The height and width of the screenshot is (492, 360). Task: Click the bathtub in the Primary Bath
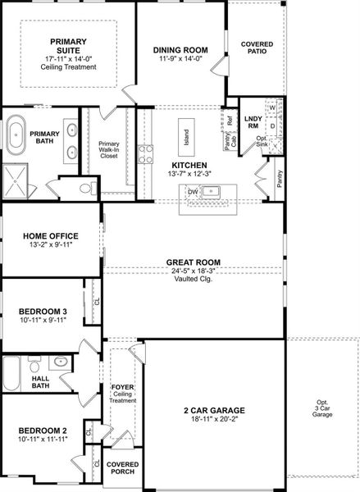pyautogui.click(x=16, y=135)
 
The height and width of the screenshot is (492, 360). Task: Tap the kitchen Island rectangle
pyautogui.click(x=186, y=137)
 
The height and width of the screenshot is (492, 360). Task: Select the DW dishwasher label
pyautogui.click(x=193, y=192)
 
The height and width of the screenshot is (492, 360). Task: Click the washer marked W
pyautogui.click(x=272, y=108)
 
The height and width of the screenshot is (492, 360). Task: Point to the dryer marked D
pyautogui.click(x=272, y=126)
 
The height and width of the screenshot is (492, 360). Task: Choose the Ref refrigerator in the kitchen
pyautogui.click(x=230, y=121)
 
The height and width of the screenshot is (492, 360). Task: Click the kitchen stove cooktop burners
pyautogui.click(x=145, y=154)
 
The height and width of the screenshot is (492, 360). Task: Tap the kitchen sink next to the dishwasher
pyautogui.click(x=210, y=191)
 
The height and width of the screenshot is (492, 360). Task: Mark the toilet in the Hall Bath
pyautogui.click(x=34, y=364)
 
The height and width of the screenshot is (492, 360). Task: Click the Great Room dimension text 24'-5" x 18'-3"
pyautogui.click(x=193, y=271)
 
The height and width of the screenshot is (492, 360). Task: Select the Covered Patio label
pyautogui.click(x=257, y=48)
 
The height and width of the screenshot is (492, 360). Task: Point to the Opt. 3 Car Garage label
pyautogui.click(x=322, y=408)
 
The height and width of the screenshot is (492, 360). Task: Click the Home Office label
pyautogui.click(x=51, y=236)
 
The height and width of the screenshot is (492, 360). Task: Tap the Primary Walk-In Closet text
pyautogui.click(x=109, y=150)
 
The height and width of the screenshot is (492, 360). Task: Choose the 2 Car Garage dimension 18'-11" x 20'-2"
pyautogui.click(x=214, y=418)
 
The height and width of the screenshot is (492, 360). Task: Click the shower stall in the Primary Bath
pyautogui.click(x=15, y=181)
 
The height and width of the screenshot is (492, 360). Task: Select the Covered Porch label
pyautogui.click(x=122, y=468)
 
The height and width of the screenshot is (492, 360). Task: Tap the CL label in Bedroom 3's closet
pyautogui.click(x=97, y=301)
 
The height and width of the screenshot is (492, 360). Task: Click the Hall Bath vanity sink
pyautogui.click(x=60, y=361)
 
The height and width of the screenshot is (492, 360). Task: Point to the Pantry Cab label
pyautogui.click(x=230, y=141)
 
